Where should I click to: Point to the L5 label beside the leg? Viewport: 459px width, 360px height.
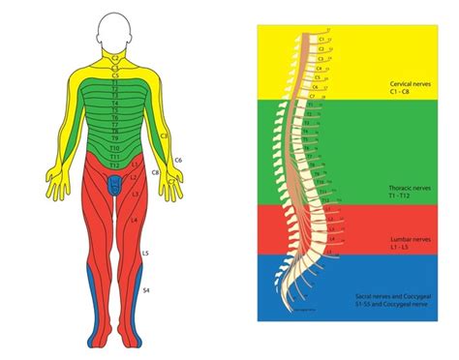(x=144, y=253)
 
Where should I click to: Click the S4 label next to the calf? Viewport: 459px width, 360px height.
(x=146, y=289)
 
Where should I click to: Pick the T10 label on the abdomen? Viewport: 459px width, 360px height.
(x=114, y=147)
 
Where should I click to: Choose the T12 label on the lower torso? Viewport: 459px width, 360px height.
(x=114, y=164)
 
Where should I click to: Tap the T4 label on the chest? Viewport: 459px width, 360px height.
(x=114, y=102)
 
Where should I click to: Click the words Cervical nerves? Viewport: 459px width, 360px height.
(x=410, y=84)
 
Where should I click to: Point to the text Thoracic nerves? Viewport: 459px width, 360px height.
(x=409, y=187)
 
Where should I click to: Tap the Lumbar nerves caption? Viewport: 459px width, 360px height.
(x=408, y=237)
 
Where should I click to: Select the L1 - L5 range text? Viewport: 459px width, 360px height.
(x=400, y=247)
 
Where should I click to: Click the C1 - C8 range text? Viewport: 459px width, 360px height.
(x=400, y=94)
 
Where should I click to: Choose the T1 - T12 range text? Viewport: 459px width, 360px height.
(x=401, y=196)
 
